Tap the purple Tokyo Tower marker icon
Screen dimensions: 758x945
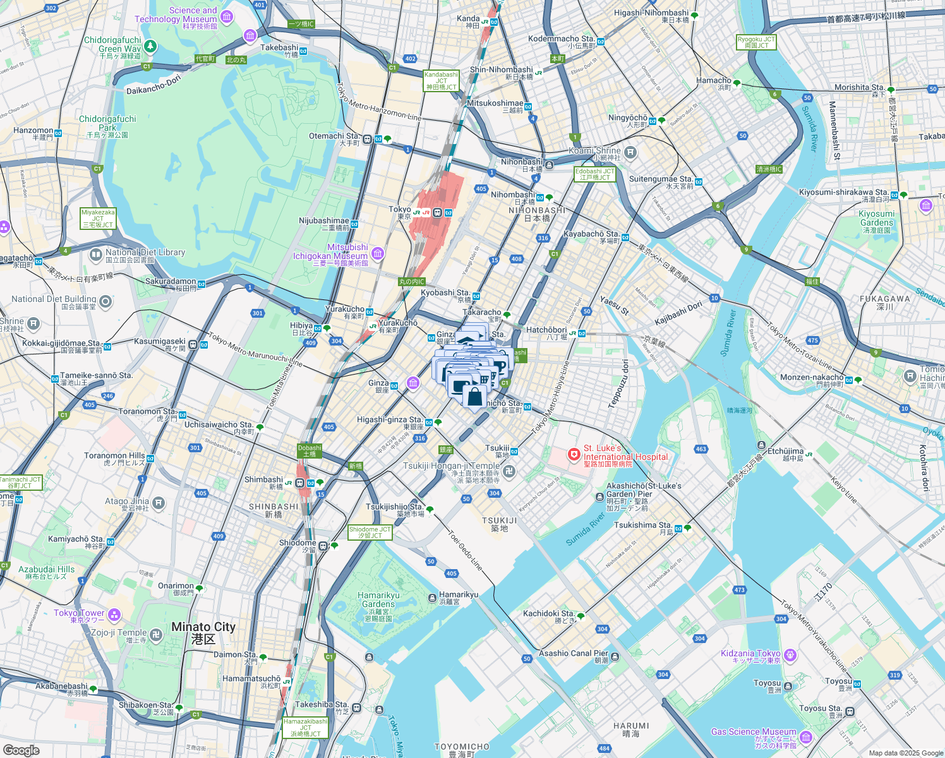click(114, 614)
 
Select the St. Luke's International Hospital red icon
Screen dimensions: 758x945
click(574, 454)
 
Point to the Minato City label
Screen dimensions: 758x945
click(203, 632)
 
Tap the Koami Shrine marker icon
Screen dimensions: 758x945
click(630, 152)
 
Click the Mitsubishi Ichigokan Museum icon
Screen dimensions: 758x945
click(378, 254)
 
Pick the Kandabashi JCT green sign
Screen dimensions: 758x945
click(441, 81)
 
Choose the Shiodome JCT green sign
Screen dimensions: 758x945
click(370, 532)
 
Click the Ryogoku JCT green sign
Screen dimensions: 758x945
click(756, 42)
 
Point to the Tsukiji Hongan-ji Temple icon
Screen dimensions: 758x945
click(509, 471)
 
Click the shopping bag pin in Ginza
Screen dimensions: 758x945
click(474, 397)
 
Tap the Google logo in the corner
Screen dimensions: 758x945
click(21, 750)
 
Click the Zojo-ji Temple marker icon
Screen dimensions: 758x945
click(157, 634)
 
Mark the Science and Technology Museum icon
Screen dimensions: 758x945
click(227, 16)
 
